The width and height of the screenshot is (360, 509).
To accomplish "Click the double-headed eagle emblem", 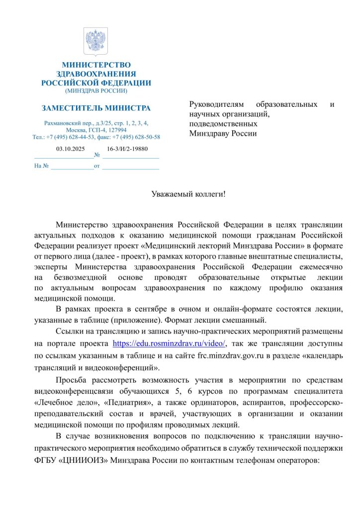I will point(95,42).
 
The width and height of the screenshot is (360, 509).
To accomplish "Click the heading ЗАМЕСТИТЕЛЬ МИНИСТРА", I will point(96,108).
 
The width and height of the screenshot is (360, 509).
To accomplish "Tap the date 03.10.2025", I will point(71,149).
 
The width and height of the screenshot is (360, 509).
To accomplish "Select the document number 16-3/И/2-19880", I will point(127,149).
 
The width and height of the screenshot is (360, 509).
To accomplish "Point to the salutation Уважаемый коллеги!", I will point(188,192).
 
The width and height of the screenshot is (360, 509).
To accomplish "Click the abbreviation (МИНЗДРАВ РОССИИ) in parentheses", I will point(96,91).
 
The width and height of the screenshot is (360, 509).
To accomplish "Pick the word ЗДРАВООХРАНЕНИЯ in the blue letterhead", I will point(96,74).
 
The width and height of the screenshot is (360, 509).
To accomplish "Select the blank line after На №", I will point(72,166).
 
